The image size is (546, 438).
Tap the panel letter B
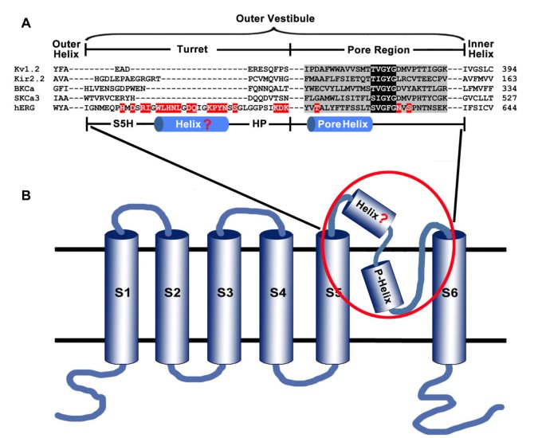coord(26,194)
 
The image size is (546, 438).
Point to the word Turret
coord(188,49)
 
